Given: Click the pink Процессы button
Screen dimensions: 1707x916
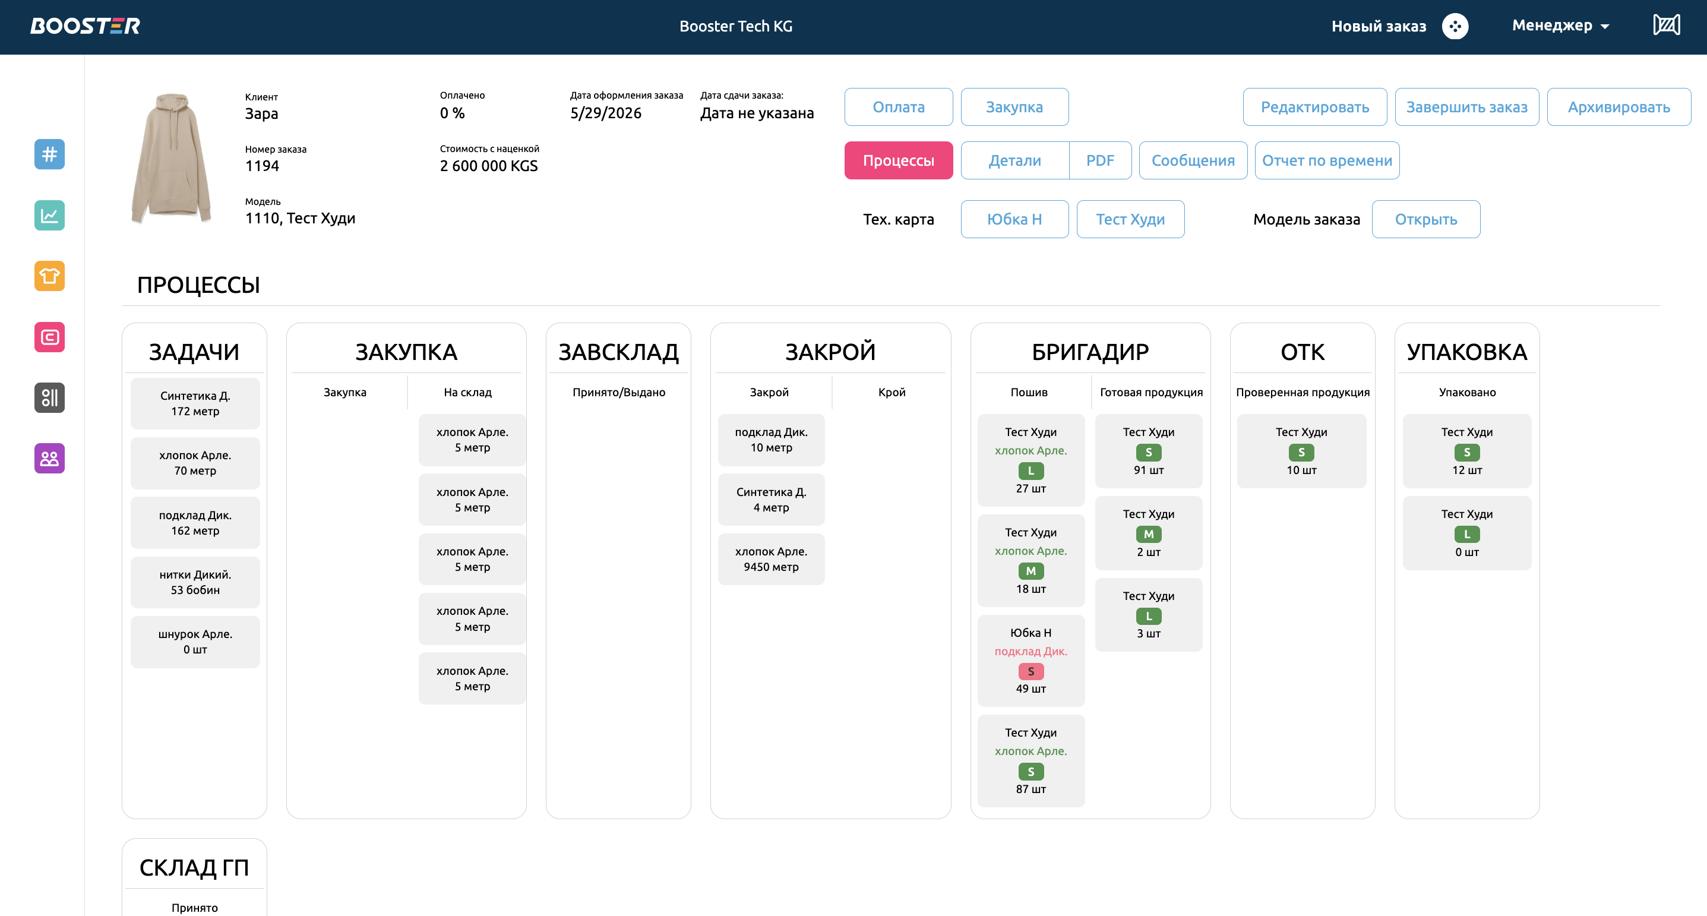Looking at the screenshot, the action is click(x=898, y=160).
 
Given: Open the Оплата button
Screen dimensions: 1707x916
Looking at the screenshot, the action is click(x=898, y=107).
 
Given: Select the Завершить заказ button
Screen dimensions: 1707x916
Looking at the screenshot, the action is click(x=1466, y=107).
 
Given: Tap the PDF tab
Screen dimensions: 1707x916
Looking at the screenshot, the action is click(x=1100, y=160).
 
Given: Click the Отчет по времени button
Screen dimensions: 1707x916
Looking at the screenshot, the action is click(x=1327, y=160).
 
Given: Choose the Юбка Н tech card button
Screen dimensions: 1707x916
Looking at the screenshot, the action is click(x=1014, y=219).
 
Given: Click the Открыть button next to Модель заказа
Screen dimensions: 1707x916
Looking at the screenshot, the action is click(x=1425, y=219).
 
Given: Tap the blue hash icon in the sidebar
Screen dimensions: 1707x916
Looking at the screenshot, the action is click(x=50, y=154).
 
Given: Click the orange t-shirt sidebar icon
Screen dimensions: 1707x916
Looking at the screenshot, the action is click(x=50, y=276).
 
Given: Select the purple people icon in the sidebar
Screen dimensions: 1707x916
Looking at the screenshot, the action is click(x=50, y=458).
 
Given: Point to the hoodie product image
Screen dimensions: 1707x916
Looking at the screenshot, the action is click(x=172, y=159).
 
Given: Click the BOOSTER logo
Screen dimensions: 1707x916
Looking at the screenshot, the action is click(x=85, y=26).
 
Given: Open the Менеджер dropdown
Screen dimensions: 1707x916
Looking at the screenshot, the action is click(x=1560, y=26).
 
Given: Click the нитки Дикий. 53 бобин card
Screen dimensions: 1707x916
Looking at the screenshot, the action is click(x=195, y=582).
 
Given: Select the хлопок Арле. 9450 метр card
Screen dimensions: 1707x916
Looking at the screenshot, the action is click(x=771, y=559).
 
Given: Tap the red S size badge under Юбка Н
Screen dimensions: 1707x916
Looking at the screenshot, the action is click(x=1030, y=671).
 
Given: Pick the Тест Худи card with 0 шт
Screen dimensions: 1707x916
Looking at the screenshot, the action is click(x=1466, y=533).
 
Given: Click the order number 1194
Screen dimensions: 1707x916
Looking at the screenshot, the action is click(x=263, y=166).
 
